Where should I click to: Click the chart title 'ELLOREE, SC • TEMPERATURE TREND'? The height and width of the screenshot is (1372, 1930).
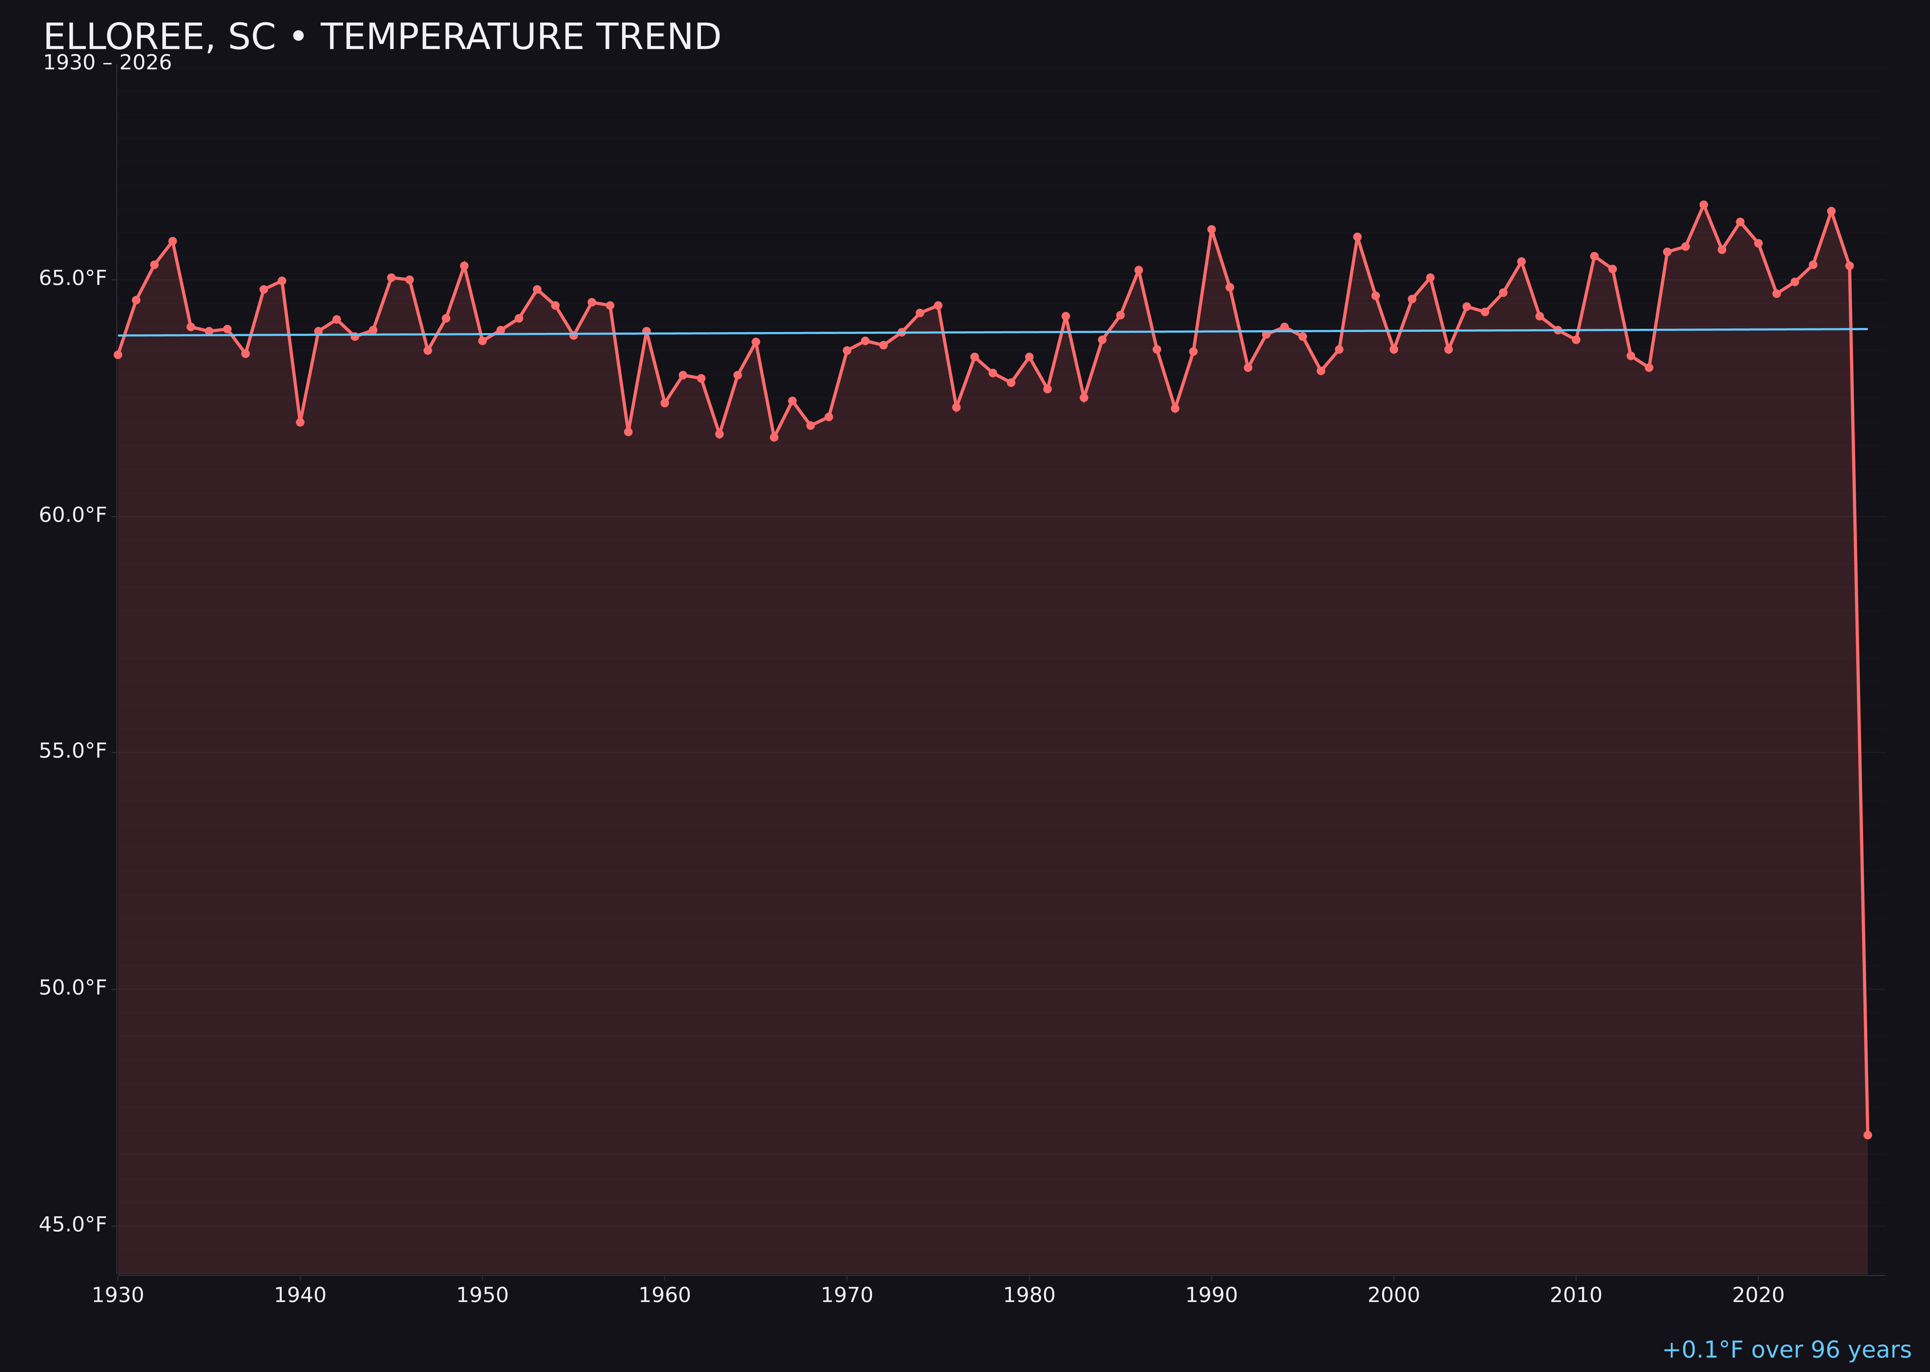pyautogui.click(x=382, y=37)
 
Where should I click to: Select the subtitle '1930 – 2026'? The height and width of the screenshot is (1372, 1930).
pyautogui.click(x=107, y=63)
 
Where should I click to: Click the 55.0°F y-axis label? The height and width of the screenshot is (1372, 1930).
pyautogui.click(x=73, y=751)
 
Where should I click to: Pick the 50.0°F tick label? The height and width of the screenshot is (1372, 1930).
pyautogui.click(x=73, y=988)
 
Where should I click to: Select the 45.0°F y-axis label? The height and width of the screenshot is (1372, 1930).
pyautogui.click(x=73, y=1224)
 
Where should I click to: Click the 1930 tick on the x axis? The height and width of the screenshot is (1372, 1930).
pyautogui.click(x=118, y=1295)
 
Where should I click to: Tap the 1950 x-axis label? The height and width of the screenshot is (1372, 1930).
pyautogui.click(x=482, y=1295)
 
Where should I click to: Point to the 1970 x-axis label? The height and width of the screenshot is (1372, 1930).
pyautogui.click(x=847, y=1295)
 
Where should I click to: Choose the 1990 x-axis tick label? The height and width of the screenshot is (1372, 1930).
pyautogui.click(x=1212, y=1295)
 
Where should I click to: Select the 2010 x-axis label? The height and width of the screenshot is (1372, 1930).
pyautogui.click(x=1576, y=1295)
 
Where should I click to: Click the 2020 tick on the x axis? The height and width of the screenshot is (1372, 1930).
pyautogui.click(x=1758, y=1295)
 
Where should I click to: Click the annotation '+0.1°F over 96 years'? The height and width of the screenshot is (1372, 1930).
pyautogui.click(x=1786, y=1350)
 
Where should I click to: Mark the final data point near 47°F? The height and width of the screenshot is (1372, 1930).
pyautogui.click(x=1867, y=1135)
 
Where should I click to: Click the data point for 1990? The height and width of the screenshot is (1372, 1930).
pyautogui.click(x=1212, y=229)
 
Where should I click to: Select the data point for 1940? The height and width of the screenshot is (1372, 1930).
pyautogui.click(x=300, y=422)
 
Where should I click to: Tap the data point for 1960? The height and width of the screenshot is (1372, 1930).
pyautogui.click(x=664, y=403)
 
